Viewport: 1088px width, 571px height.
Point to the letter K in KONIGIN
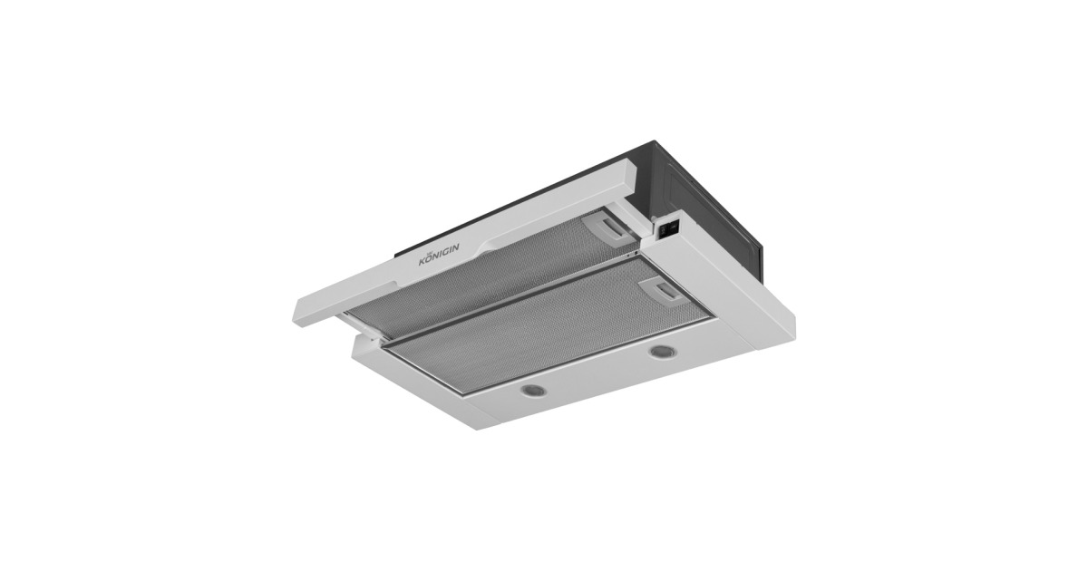(x=423, y=261)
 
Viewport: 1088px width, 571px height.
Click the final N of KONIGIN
(x=455, y=248)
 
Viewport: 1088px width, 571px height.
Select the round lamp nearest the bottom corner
(x=533, y=390)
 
